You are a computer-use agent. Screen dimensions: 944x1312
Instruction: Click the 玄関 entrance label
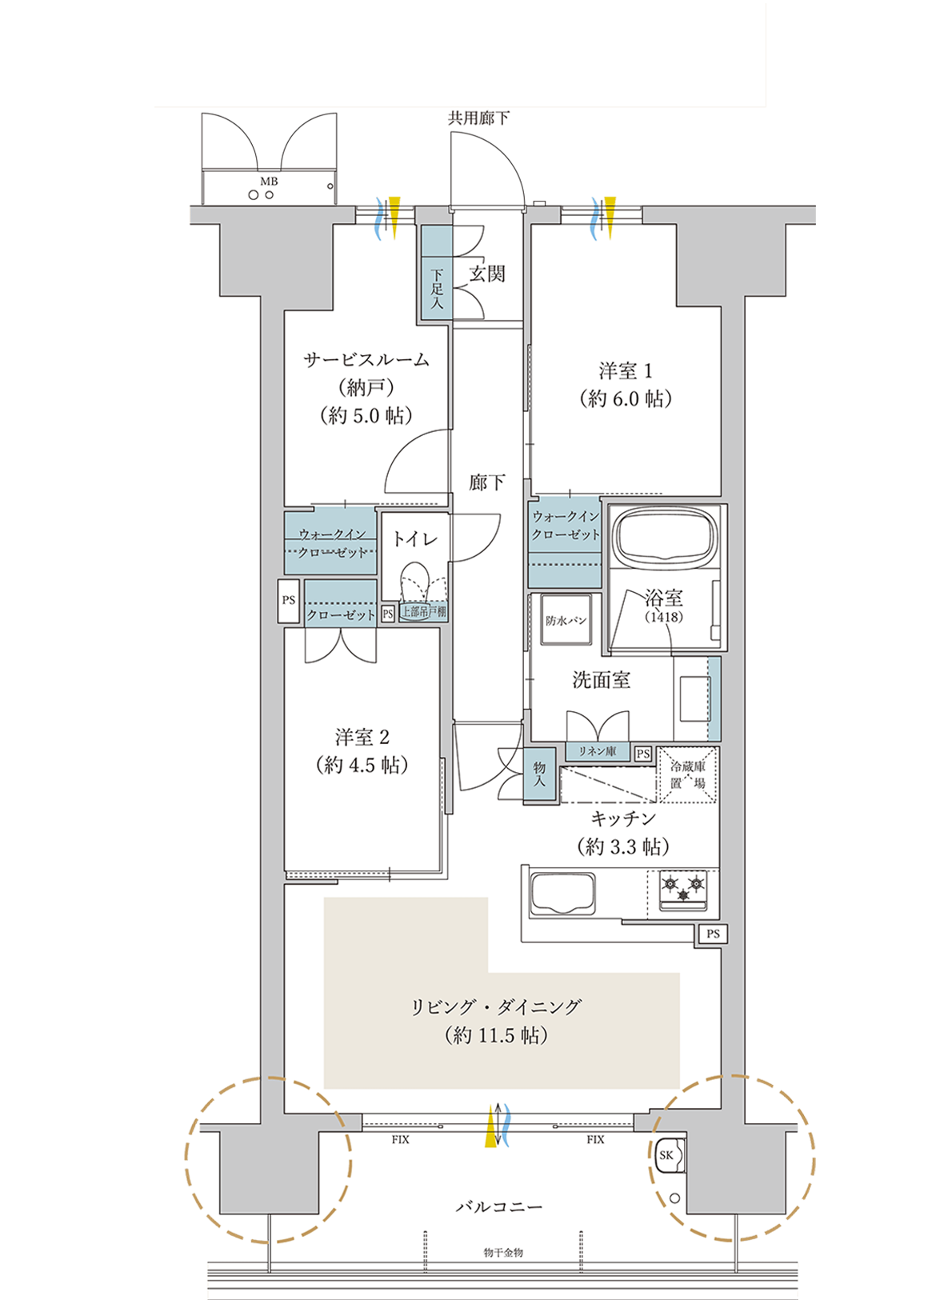[x=486, y=273]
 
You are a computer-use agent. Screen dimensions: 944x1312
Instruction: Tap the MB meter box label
[x=269, y=182]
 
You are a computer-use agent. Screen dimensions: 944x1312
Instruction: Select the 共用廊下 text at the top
[x=478, y=119]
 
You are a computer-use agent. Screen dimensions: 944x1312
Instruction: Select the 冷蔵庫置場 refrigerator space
[x=687, y=774]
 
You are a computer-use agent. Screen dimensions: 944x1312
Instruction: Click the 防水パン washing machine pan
[x=566, y=620]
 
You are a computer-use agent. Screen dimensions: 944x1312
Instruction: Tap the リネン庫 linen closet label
[x=598, y=751]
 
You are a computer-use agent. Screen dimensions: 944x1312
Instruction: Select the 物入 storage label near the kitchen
[x=539, y=774]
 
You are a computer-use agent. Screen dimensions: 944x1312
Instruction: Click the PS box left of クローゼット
[x=288, y=601]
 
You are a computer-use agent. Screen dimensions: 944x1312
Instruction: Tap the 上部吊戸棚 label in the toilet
[x=423, y=613]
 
